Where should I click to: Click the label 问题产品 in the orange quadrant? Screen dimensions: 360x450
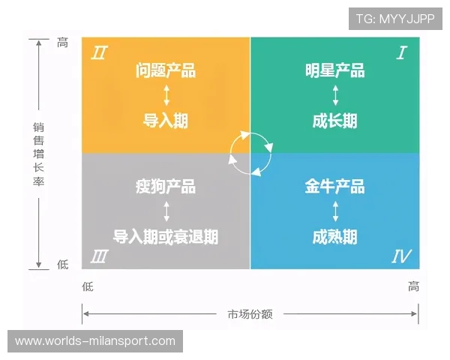(166, 71)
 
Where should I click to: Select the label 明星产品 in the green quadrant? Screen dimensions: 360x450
(334, 71)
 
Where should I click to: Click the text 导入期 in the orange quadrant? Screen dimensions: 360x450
(166, 121)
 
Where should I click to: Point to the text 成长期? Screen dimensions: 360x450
(334, 121)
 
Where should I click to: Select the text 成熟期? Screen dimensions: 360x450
(334, 237)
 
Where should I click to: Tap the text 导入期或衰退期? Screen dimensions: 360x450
(166, 237)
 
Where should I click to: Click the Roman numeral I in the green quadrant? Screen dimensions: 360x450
(402, 52)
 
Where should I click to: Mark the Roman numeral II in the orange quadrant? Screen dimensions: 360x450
(98, 52)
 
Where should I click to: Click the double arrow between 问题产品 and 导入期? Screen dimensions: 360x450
(166, 96)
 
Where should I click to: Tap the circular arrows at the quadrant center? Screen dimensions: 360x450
(250, 153)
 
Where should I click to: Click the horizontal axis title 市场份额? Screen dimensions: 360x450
(250, 314)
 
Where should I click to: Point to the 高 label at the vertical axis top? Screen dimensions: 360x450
(63, 43)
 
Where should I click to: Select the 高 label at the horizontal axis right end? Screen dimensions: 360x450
(413, 286)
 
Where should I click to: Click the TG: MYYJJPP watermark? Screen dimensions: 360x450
(395, 19)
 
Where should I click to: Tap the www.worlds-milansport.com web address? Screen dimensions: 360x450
(95, 341)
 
